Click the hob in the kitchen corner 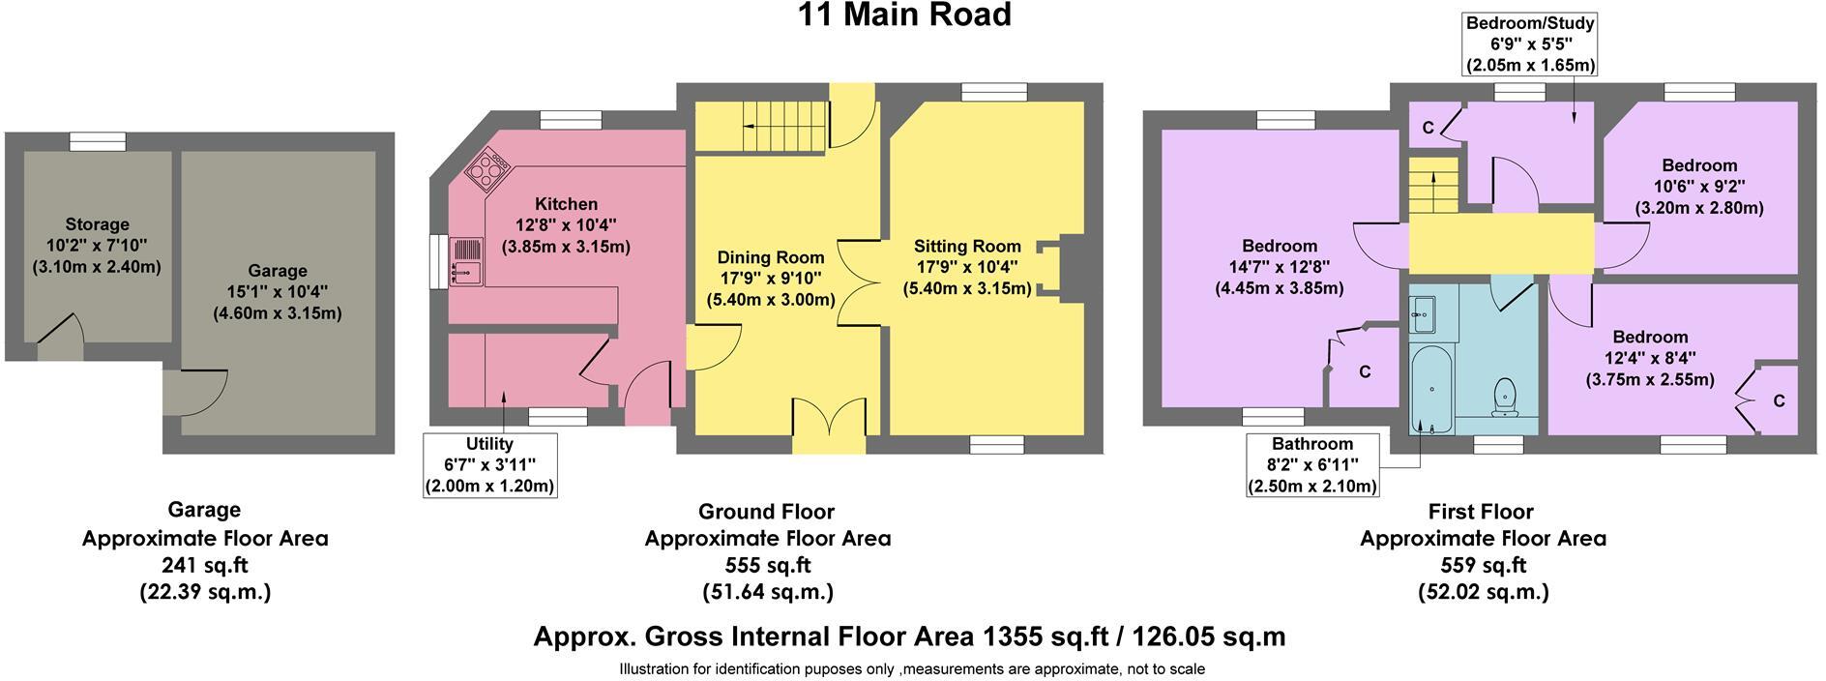487,170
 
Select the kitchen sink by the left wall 466,262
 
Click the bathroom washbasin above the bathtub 1423,311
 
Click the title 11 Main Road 903,15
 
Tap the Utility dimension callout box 489,465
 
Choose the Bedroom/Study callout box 1530,44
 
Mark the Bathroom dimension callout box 1311,465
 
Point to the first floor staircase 1431,187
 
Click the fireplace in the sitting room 1053,262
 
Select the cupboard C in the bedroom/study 1429,127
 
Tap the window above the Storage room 98,141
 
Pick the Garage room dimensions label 277,292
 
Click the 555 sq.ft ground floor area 767,565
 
